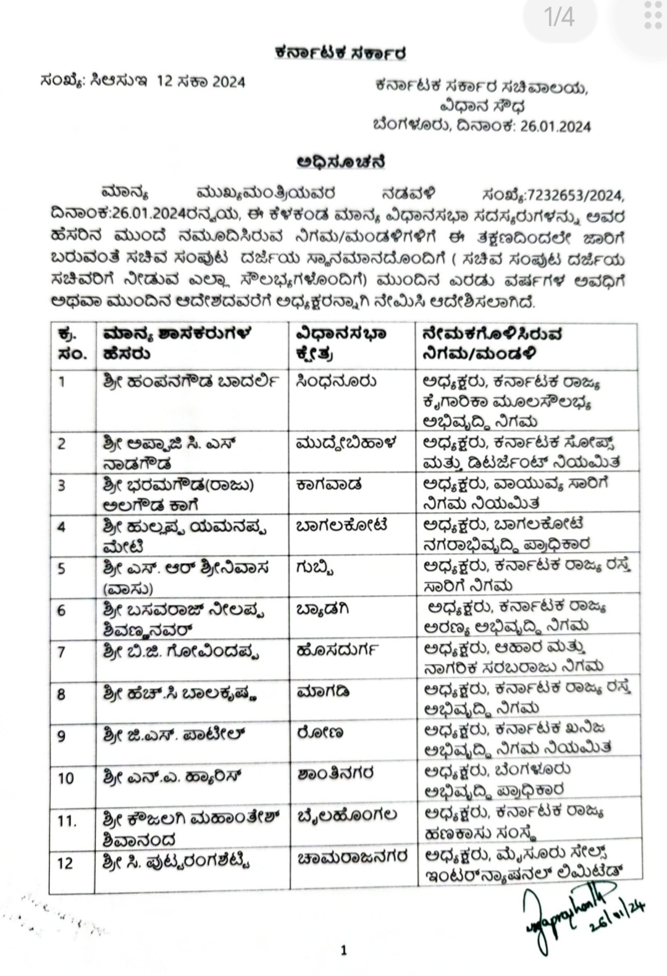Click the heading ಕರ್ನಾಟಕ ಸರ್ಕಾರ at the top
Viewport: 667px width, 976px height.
coord(340,54)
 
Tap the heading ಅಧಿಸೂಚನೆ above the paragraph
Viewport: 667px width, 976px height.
coord(341,162)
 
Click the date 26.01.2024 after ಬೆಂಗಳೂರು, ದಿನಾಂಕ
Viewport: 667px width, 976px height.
coord(555,127)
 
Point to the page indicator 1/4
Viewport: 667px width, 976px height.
coord(560,17)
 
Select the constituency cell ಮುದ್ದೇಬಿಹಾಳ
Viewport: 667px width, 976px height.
coord(346,444)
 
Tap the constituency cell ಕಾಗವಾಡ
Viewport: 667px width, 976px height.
coord(329,485)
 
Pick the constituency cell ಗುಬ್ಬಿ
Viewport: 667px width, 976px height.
coord(316,567)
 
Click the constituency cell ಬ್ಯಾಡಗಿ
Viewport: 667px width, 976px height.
coord(323,609)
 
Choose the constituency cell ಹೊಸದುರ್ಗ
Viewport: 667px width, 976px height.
coord(337,650)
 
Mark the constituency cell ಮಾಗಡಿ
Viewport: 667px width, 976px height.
coord(322,692)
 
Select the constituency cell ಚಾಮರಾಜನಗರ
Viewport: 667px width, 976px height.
coord(351,858)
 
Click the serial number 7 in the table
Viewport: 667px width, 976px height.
coord(61,652)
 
